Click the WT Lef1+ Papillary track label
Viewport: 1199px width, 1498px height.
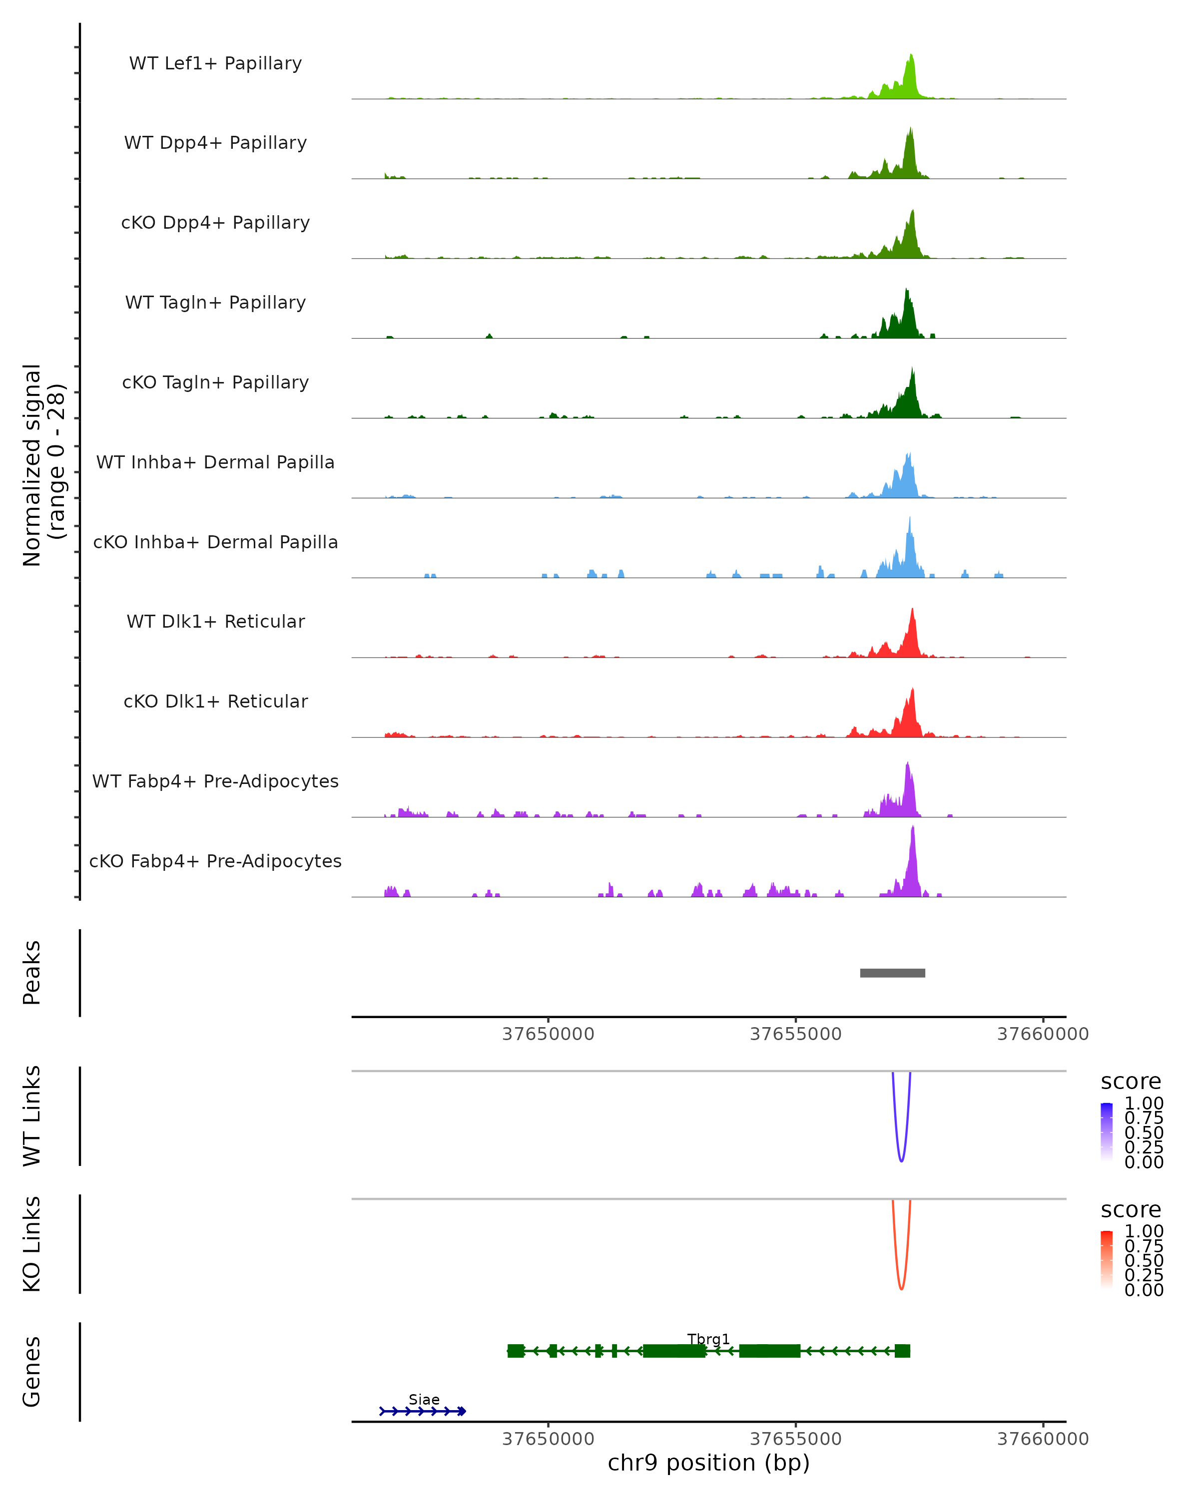[x=215, y=63]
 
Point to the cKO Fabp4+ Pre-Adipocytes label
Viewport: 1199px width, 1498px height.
[x=215, y=861]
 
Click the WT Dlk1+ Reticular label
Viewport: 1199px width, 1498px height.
[x=215, y=621]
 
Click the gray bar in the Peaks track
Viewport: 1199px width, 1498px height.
[x=892, y=973]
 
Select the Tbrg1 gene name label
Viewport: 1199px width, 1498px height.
[x=708, y=1339]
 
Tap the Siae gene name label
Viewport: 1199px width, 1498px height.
[x=424, y=1399]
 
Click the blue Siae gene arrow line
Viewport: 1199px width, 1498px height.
[x=423, y=1411]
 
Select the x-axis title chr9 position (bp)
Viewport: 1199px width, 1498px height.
[x=708, y=1463]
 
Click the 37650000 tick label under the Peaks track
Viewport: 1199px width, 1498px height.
[x=549, y=1034]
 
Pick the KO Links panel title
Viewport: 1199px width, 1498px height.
[x=32, y=1244]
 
